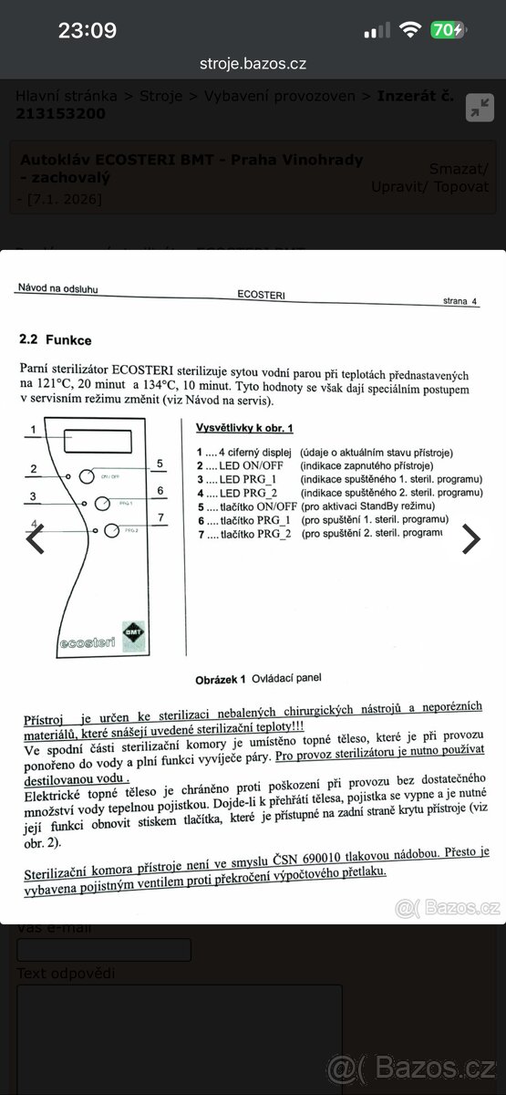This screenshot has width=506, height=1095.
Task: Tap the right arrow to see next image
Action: [470, 539]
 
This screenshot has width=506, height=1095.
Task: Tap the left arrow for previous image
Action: [36, 539]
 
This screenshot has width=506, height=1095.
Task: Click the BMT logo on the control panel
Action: [134, 631]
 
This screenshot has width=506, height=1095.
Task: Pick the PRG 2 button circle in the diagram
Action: [110, 530]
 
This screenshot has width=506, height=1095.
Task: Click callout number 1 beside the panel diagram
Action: [33, 429]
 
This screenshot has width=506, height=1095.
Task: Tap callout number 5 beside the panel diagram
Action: [160, 464]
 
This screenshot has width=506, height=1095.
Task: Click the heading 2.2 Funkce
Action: [55, 339]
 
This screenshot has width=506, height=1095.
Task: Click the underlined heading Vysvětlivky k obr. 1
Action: [244, 427]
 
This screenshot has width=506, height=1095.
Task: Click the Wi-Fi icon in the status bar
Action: [409, 30]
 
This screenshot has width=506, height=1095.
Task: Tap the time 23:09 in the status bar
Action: [88, 30]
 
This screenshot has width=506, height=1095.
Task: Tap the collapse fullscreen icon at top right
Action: [479, 107]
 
